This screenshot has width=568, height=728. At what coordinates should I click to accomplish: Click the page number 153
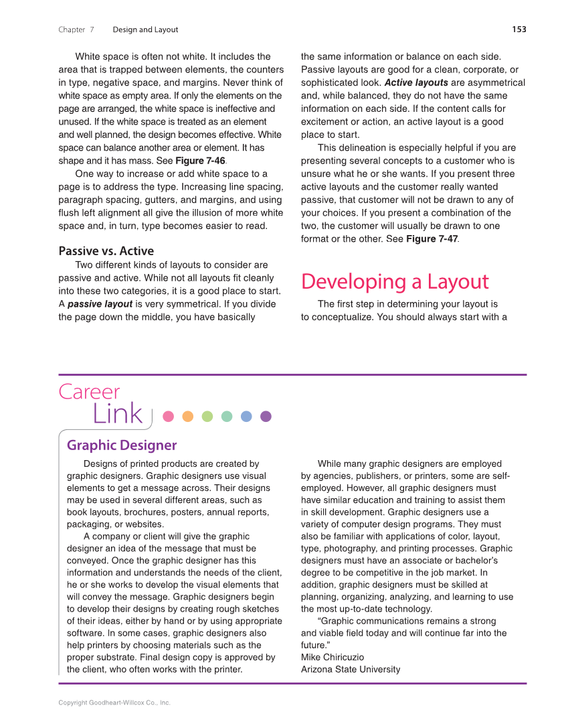(x=518, y=29)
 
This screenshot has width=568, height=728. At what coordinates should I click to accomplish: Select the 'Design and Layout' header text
(x=145, y=29)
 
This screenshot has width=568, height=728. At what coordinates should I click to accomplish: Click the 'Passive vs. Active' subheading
(x=106, y=251)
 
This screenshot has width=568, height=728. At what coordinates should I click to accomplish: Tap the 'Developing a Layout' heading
(x=395, y=282)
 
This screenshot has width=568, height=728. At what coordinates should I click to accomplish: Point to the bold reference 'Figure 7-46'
(x=200, y=161)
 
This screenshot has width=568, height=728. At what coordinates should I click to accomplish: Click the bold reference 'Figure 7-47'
(x=432, y=239)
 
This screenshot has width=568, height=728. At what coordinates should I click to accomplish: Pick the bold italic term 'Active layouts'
(x=416, y=83)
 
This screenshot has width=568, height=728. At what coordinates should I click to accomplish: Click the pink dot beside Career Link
(x=169, y=417)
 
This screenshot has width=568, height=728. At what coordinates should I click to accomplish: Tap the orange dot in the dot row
(x=188, y=417)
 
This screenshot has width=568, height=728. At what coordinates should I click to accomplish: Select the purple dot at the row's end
(x=266, y=417)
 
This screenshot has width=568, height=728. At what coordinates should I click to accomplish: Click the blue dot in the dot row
(x=246, y=417)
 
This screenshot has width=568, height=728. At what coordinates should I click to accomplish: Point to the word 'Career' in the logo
(x=89, y=392)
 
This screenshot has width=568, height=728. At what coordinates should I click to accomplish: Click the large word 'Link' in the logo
(x=118, y=415)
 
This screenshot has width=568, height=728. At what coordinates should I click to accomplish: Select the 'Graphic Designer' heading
(x=122, y=445)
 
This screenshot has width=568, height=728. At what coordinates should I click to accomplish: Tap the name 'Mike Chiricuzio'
(x=333, y=657)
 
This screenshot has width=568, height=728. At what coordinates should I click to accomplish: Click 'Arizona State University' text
(x=351, y=669)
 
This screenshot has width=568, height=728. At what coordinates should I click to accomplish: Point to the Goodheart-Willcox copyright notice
(x=114, y=703)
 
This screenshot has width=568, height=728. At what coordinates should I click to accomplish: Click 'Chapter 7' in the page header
(x=76, y=29)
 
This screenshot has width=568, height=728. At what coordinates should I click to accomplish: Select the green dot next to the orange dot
(x=207, y=417)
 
